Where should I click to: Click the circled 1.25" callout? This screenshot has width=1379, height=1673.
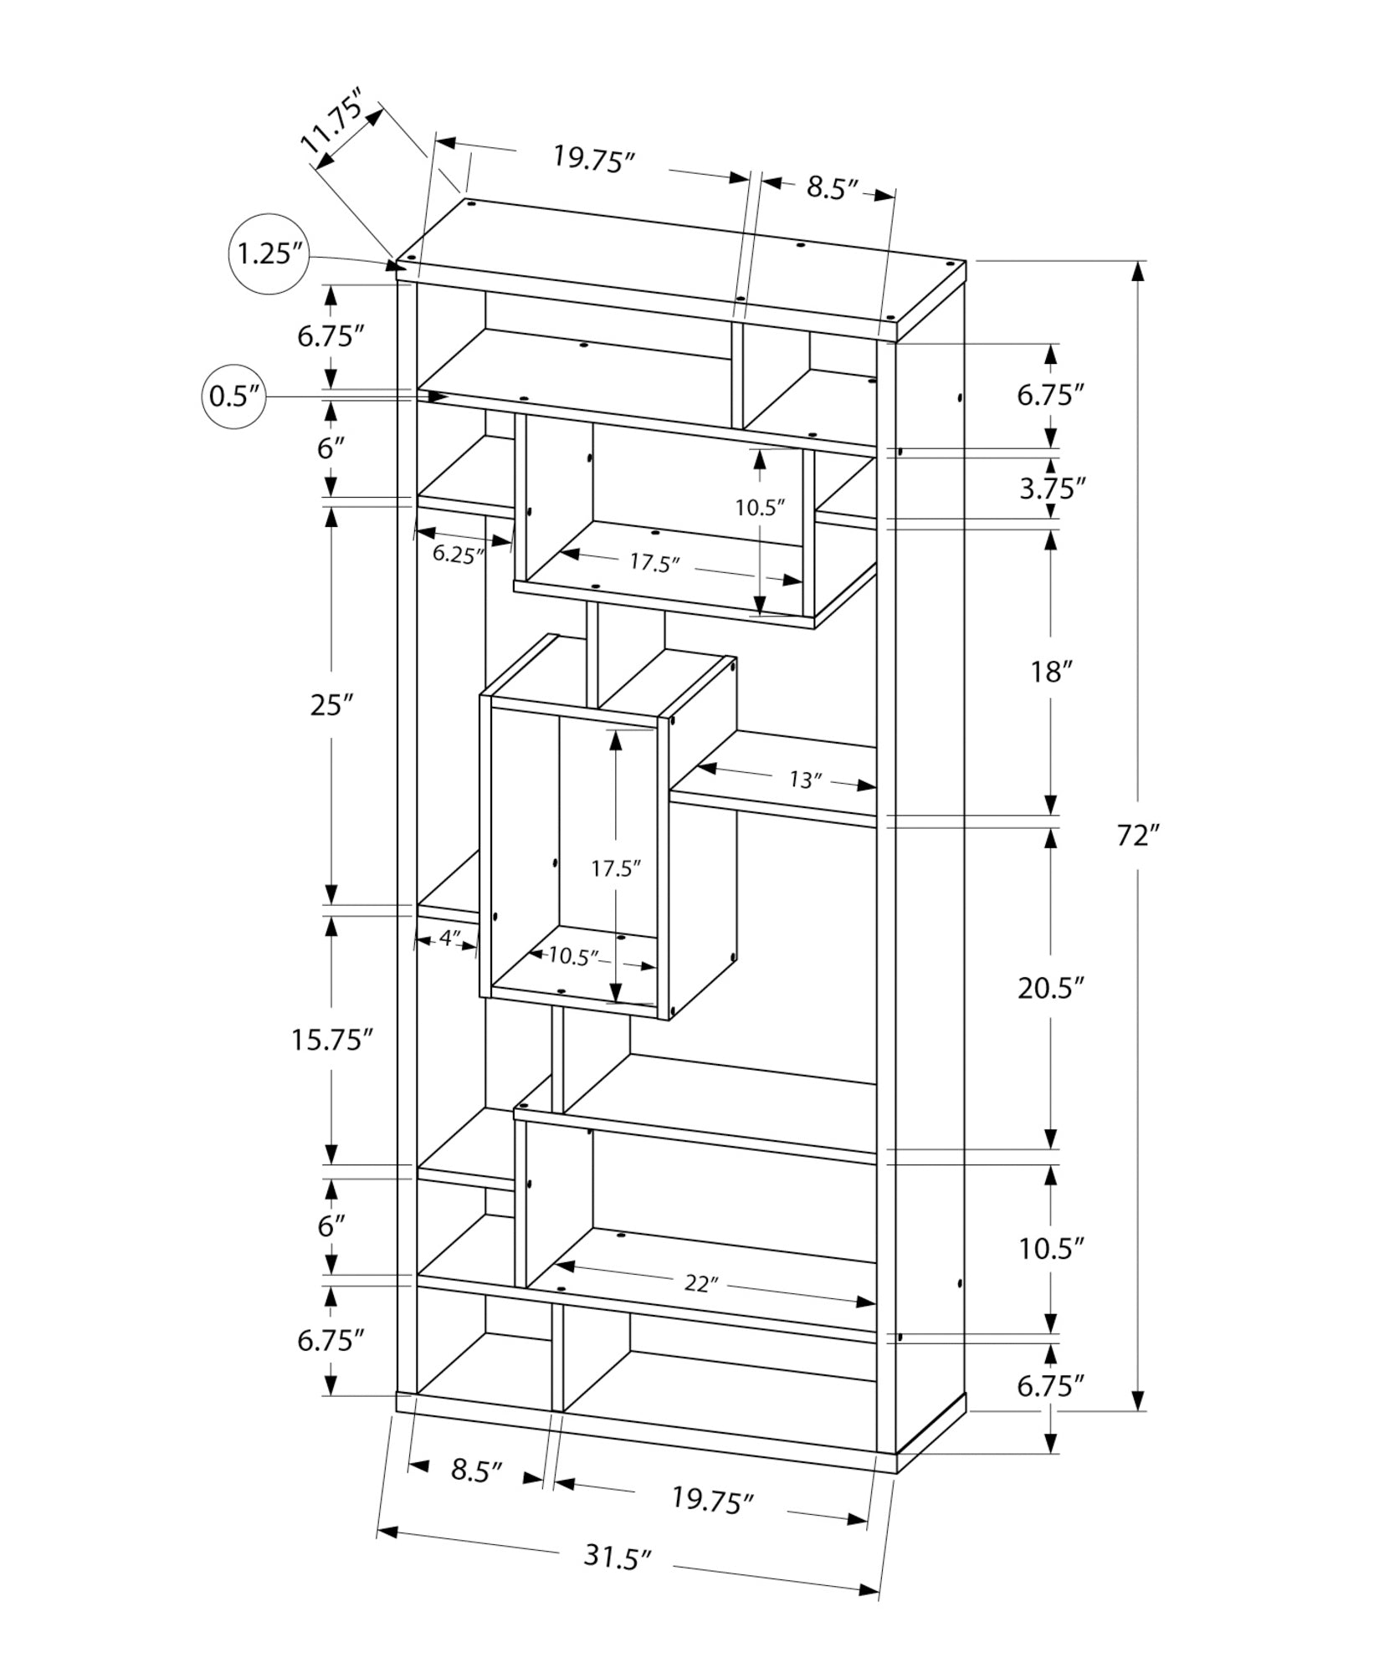tap(269, 253)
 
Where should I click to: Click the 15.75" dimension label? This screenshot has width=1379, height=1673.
tap(331, 1040)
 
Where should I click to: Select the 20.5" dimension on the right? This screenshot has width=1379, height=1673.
tap(1051, 988)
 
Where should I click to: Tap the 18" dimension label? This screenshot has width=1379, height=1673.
tap(1051, 672)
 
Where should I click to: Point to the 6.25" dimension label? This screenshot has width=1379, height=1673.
tap(459, 555)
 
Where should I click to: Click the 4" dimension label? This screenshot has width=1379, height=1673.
tap(449, 939)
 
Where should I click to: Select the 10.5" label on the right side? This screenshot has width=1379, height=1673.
tap(1051, 1249)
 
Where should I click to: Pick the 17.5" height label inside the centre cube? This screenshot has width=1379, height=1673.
tap(616, 868)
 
